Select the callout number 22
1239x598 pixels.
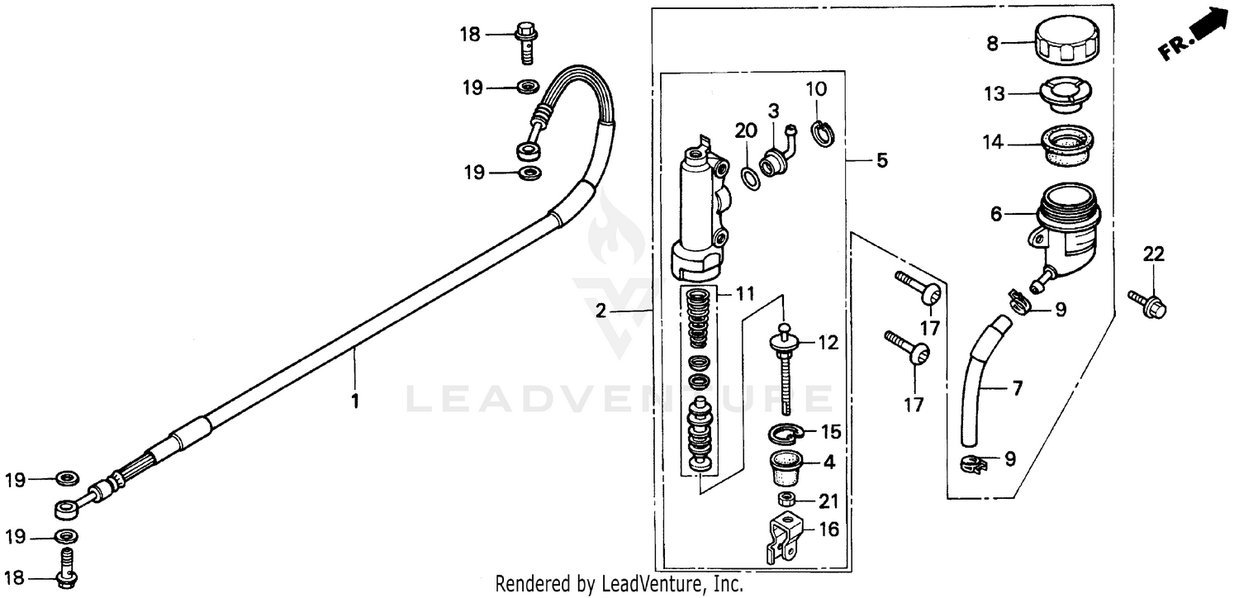pyautogui.click(x=1153, y=254)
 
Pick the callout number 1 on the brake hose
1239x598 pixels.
pyautogui.click(x=355, y=402)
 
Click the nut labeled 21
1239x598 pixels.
pyautogui.click(x=786, y=500)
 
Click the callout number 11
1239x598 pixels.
pyautogui.click(x=746, y=293)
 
